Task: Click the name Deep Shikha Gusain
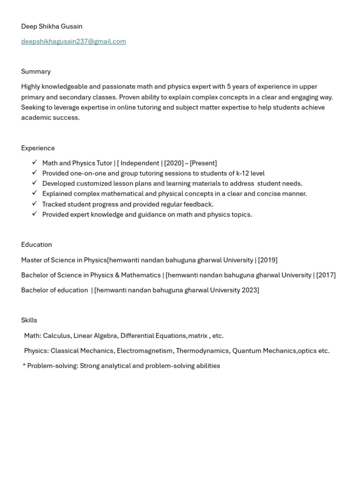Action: pyautogui.click(x=52, y=26)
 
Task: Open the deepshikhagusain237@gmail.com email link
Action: pyautogui.click(x=74, y=41)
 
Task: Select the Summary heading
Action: pyautogui.click(x=36, y=71)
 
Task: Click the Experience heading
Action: pyautogui.click(x=38, y=148)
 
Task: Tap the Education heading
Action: pyautogui.click(x=37, y=245)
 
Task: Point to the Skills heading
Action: pyautogui.click(x=29, y=320)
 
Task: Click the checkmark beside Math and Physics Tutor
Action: pyautogui.click(x=35, y=163)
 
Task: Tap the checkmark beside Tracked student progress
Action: pyautogui.click(x=35, y=204)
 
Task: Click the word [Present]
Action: pyautogui.click(x=203, y=163)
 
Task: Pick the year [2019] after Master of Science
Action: pyautogui.click(x=268, y=260)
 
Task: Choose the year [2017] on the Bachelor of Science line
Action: pyautogui.click(x=326, y=275)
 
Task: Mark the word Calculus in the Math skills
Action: pyautogui.click(x=57, y=336)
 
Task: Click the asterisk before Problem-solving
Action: pyautogui.click(x=24, y=366)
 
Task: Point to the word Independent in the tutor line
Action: pyautogui.click(x=140, y=163)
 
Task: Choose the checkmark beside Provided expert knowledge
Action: pyautogui.click(x=35, y=214)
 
